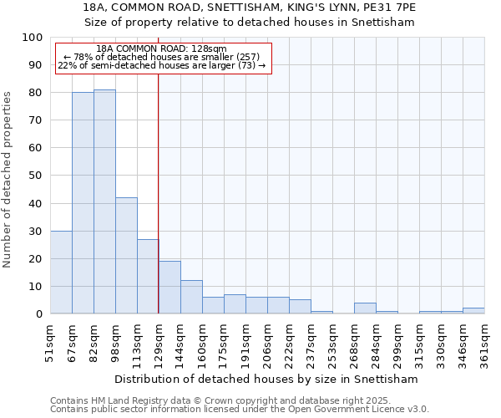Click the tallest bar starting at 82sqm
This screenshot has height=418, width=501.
(104, 201)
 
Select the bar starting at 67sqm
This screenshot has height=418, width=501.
(83, 203)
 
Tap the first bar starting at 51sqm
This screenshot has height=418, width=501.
(61, 272)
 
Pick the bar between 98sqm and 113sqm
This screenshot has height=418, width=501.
(126, 255)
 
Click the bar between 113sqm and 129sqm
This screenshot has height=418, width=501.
(148, 276)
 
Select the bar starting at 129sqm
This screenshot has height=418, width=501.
(170, 288)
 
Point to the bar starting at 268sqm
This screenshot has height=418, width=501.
(365, 308)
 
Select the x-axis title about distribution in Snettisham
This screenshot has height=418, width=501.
(267, 379)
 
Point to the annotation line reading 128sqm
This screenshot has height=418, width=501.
(161, 49)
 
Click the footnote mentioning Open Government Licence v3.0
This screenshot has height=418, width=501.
(240, 409)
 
